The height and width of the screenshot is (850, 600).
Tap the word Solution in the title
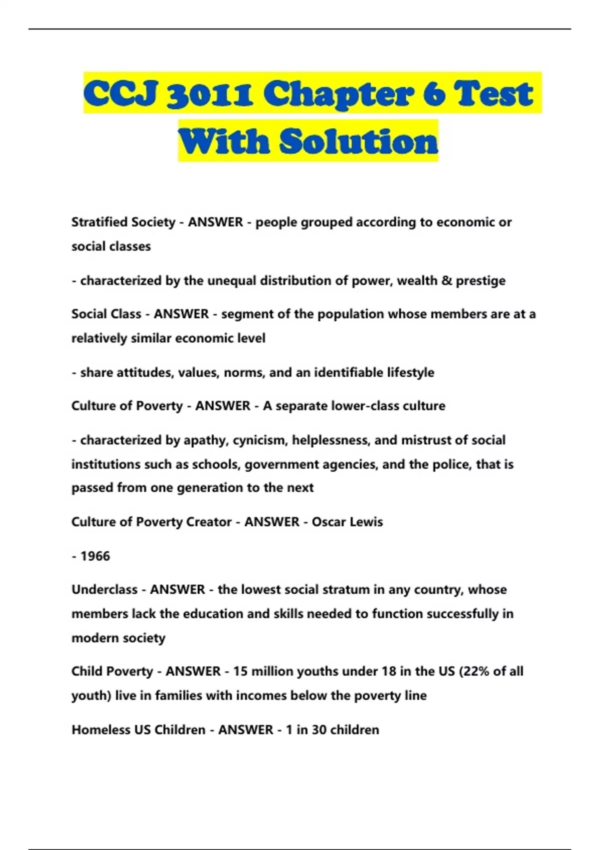click(x=358, y=141)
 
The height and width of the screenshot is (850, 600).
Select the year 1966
click(x=95, y=556)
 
